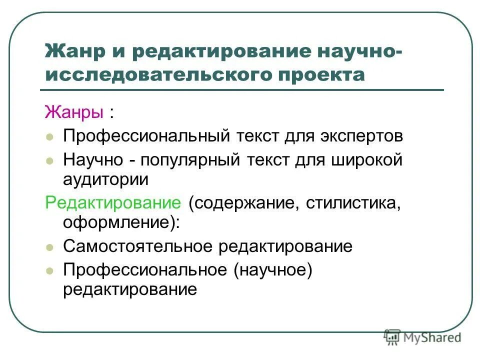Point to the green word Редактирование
(113, 203)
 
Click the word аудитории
(105, 179)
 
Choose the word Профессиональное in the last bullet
(145, 270)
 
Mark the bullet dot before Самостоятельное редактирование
(49, 247)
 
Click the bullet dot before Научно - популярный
(49, 161)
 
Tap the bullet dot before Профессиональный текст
(49, 137)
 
